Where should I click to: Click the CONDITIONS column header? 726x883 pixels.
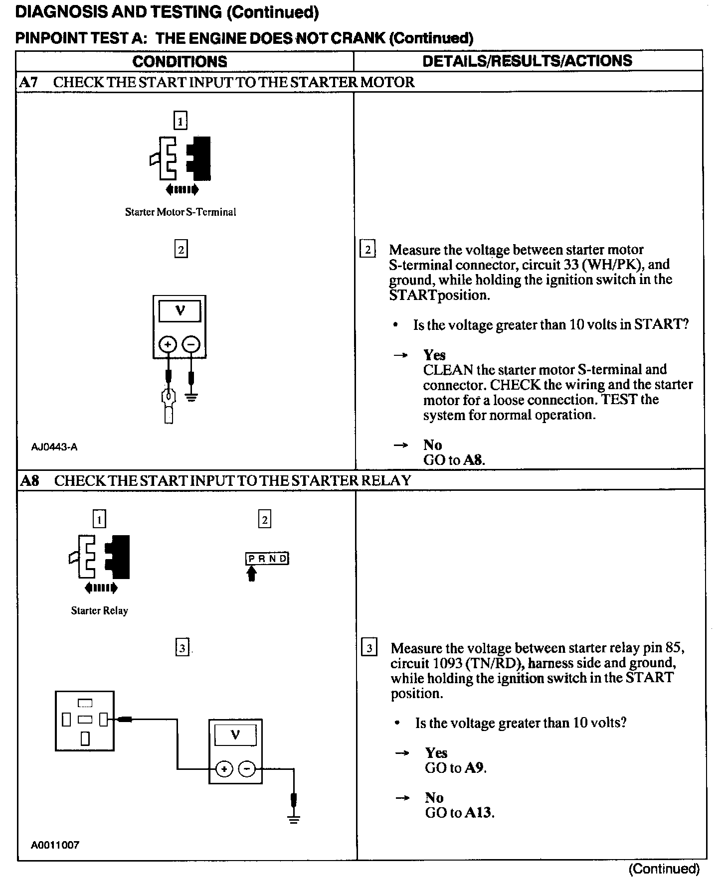180,61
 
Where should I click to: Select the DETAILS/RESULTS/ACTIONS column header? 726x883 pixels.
527,61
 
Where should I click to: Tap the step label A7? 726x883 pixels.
28,82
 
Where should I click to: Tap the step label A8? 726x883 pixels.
29,481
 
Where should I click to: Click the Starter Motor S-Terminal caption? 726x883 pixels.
180,212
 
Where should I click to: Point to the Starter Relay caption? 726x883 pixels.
99,611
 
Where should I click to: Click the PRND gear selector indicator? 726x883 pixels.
267,559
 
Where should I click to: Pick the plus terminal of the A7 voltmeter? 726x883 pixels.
168,344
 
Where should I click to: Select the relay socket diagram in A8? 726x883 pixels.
85,721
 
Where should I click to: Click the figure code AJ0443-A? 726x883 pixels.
54,447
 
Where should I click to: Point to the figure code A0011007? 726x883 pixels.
55,845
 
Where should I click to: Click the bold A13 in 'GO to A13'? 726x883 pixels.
478,813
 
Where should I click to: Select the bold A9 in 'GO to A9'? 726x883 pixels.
475,768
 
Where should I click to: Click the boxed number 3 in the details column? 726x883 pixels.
369,648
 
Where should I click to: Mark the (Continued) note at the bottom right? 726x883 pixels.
664,869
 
